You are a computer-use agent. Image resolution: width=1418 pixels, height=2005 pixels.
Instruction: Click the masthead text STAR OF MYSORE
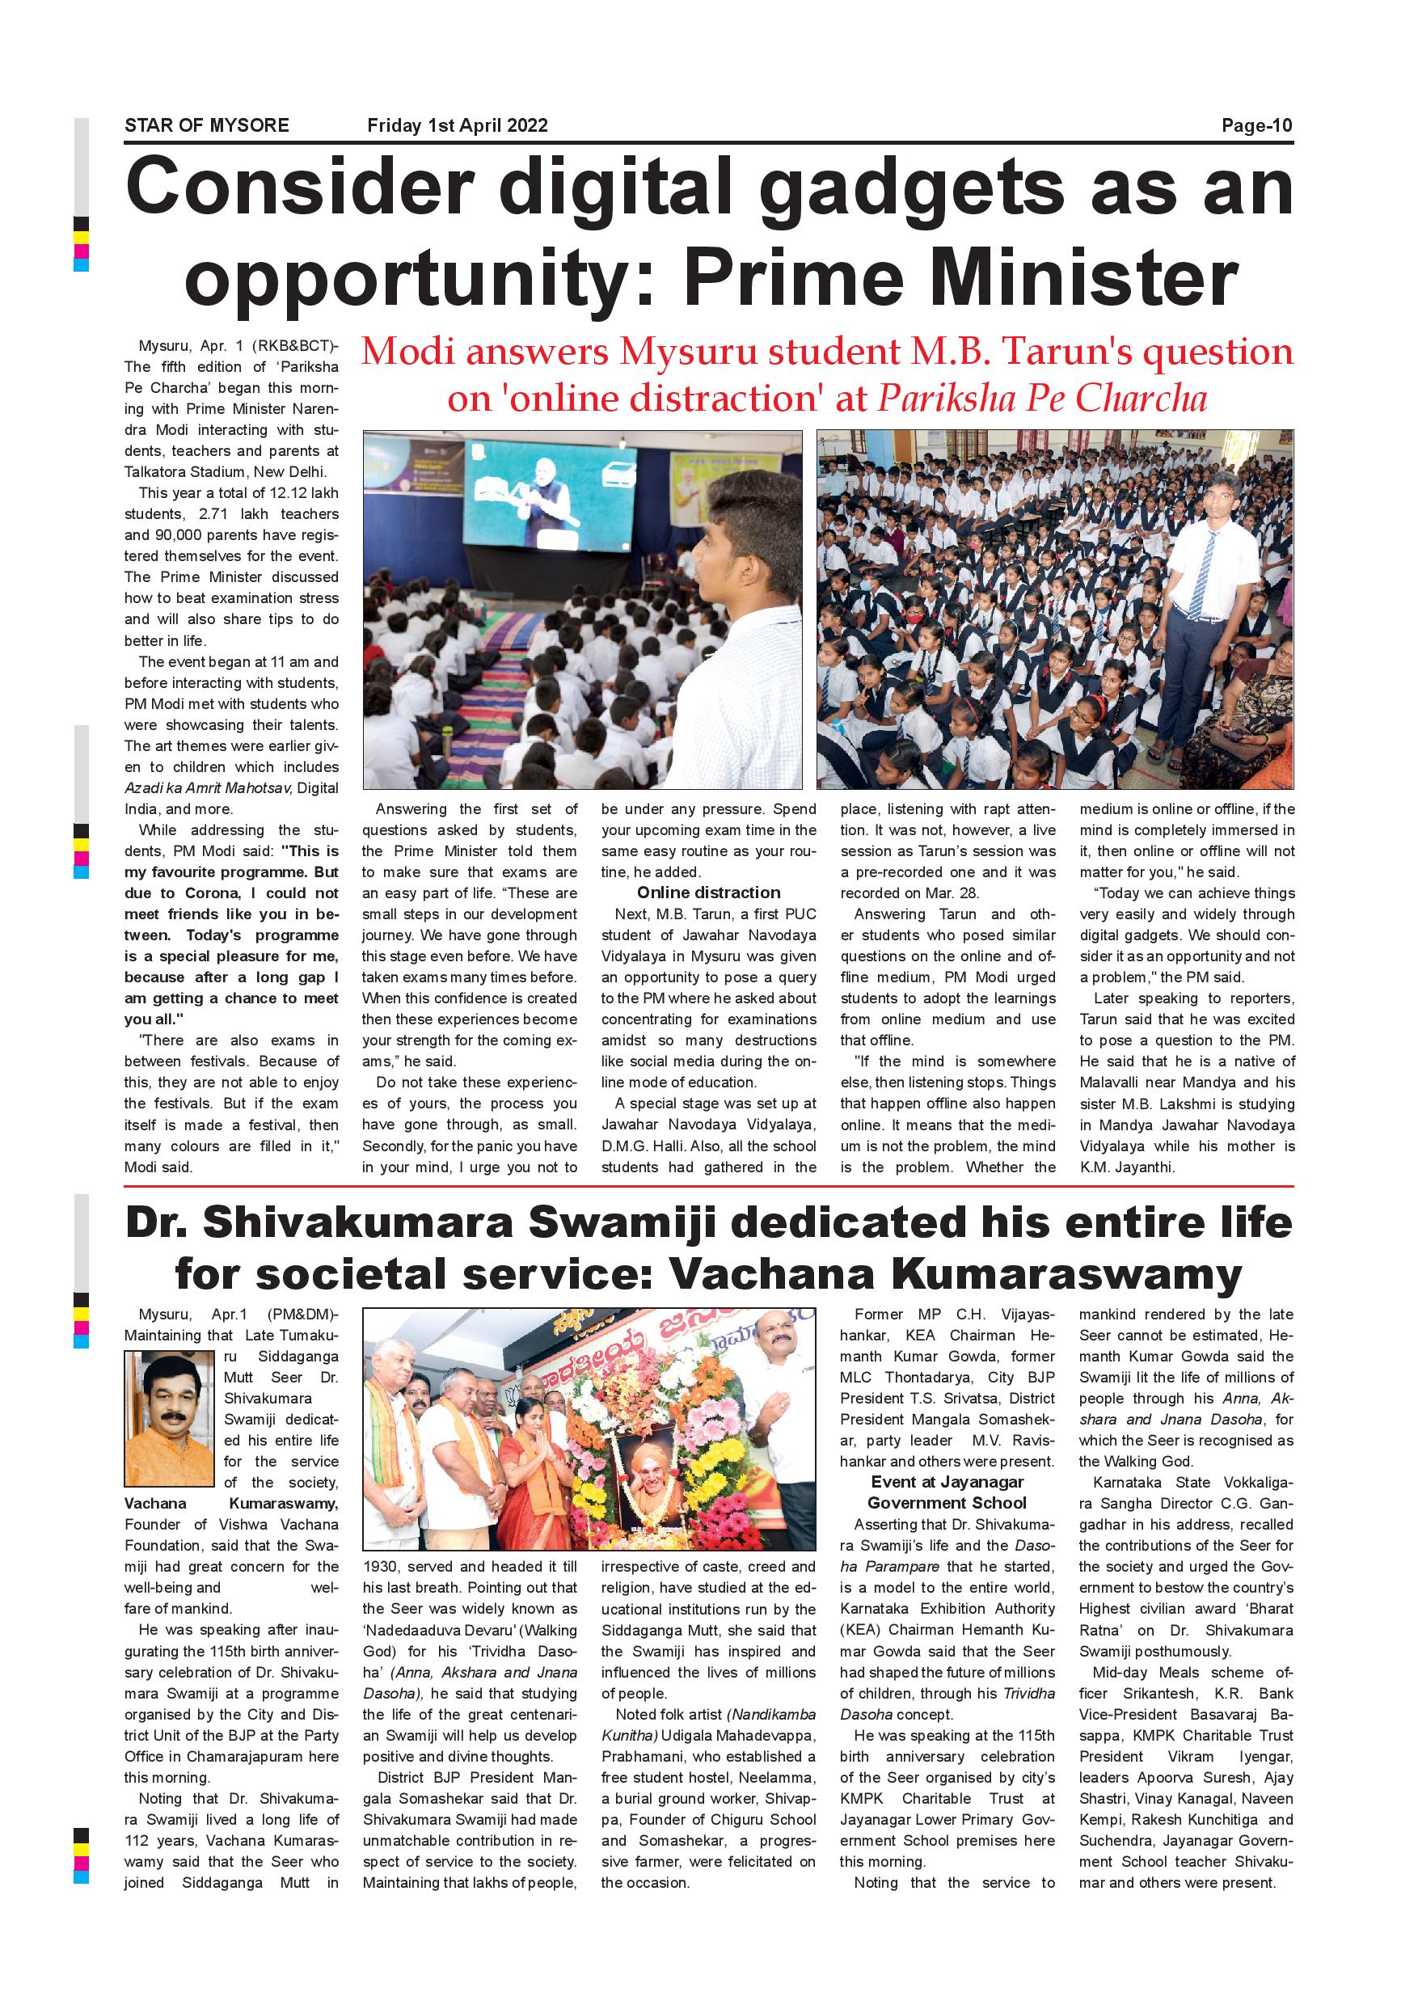point(206,125)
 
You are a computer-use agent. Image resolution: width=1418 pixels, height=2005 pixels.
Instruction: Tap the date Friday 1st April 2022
point(457,125)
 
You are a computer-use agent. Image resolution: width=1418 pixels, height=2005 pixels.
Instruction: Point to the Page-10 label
point(1256,125)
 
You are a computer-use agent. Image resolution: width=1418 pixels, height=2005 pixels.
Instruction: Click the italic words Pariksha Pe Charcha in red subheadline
point(1041,399)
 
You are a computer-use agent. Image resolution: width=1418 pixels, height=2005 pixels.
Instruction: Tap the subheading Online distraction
point(708,893)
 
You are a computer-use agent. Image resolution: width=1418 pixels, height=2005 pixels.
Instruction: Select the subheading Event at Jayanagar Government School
point(947,1492)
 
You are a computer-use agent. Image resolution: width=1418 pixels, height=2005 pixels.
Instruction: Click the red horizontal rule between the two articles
point(708,1187)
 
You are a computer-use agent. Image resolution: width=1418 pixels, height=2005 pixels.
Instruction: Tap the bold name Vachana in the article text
point(154,1503)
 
